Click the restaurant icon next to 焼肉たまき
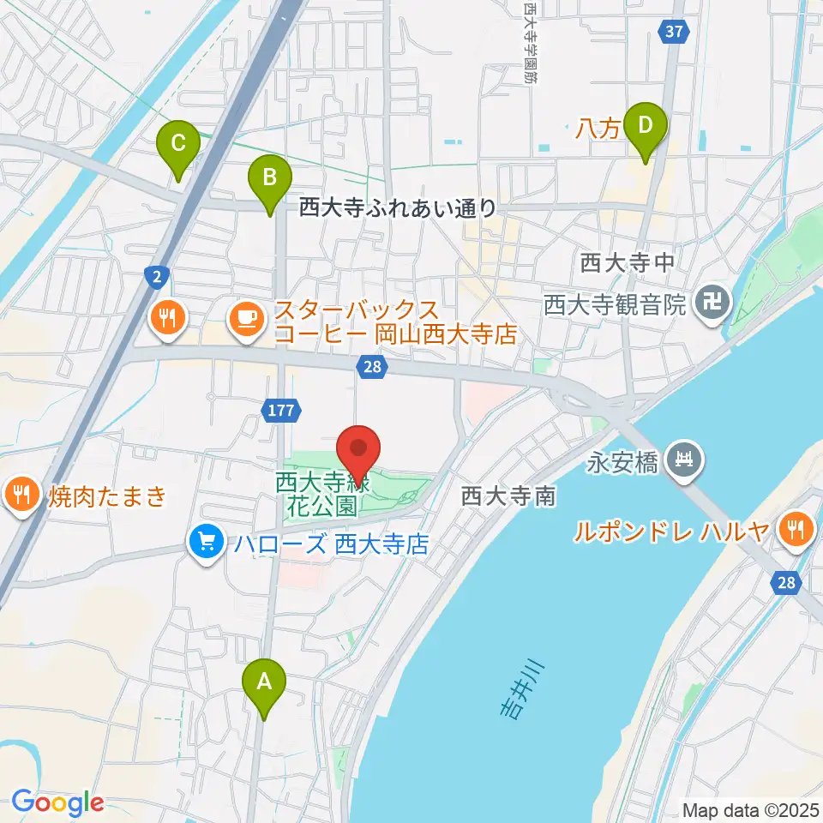[x=19, y=495]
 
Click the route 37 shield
[x=675, y=32]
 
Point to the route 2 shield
[x=157, y=276]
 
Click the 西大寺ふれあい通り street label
[x=397, y=207]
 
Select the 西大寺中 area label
[x=628, y=264]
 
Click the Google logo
[x=57, y=802]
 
